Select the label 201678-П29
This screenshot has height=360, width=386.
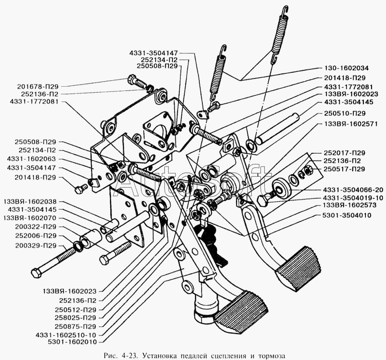click(38, 86)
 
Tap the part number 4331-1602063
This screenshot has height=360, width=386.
click(31, 159)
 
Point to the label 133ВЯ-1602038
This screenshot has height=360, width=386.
click(30, 202)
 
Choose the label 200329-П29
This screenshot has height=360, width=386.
click(36, 245)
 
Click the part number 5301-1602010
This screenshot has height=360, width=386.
click(72, 342)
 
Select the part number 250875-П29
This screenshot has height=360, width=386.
click(75, 327)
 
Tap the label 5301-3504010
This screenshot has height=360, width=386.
click(347, 215)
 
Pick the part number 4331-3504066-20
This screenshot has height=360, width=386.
click(353, 190)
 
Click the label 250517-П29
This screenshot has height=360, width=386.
click(344, 169)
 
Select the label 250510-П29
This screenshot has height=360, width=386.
click(345, 114)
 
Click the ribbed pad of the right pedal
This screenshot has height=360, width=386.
click(299, 269)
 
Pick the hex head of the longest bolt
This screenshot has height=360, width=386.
click(36, 273)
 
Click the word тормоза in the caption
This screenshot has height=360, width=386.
click(271, 356)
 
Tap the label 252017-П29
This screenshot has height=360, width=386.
click(344, 153)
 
